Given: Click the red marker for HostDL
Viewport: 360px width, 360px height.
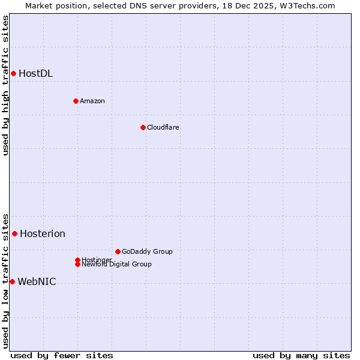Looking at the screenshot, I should (x=13, y=73).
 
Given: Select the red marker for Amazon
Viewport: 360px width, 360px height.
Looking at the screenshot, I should (x=76, y=101).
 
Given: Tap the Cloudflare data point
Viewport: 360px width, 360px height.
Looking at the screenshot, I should (x=143, y=127).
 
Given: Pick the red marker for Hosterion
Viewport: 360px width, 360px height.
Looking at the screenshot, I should (x=14, y=233).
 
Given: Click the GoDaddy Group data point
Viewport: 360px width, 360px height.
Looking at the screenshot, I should (x=118, y=251).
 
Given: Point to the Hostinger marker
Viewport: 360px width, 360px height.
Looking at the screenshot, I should (x=77, y=260).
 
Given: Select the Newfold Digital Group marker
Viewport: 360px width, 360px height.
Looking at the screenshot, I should (x=77, y=264).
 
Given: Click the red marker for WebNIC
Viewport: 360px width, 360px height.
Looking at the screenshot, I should (x=12, y=281).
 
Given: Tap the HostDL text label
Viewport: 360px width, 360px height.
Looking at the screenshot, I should (x=35, y=74).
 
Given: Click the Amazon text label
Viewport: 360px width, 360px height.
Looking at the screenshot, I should (x=92, y=101).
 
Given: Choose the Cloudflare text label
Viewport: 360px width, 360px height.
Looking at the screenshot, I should (x=163, y=127).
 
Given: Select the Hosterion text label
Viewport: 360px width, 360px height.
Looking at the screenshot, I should (x=43, y=234).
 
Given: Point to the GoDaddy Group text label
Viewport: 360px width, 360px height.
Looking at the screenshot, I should (x=147, y=251).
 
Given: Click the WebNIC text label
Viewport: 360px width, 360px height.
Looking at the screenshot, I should (x=37, y=282).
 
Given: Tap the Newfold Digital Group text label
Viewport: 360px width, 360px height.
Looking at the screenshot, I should (x=117, y=265).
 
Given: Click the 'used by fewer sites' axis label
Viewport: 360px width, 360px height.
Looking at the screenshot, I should (x=62, y=355).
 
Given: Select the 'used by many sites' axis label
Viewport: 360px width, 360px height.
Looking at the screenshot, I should (x=301, y=355).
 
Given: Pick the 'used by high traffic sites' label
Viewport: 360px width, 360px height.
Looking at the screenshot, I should (x=6, y=85).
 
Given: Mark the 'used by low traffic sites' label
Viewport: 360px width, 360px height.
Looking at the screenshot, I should (x=6, y=280).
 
